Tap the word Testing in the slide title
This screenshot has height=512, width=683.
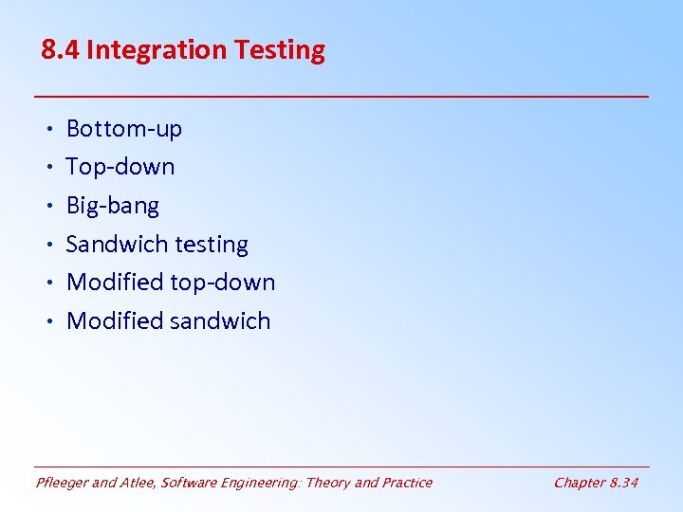(x=281, y=51)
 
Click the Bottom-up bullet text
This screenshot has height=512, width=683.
(x=123, y=129)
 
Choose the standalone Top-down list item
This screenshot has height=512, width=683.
(x=120, y=167)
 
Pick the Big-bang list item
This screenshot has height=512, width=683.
(x=113, y=206)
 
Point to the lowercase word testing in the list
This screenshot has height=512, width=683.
(x=210, y=245)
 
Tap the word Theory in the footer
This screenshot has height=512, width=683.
(x=327, y=483)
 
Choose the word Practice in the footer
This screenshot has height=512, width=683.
(x=406, y=483)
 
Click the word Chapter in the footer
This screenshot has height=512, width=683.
(x=579, y=483)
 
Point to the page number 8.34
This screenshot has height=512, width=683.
(x=624, y=483)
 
